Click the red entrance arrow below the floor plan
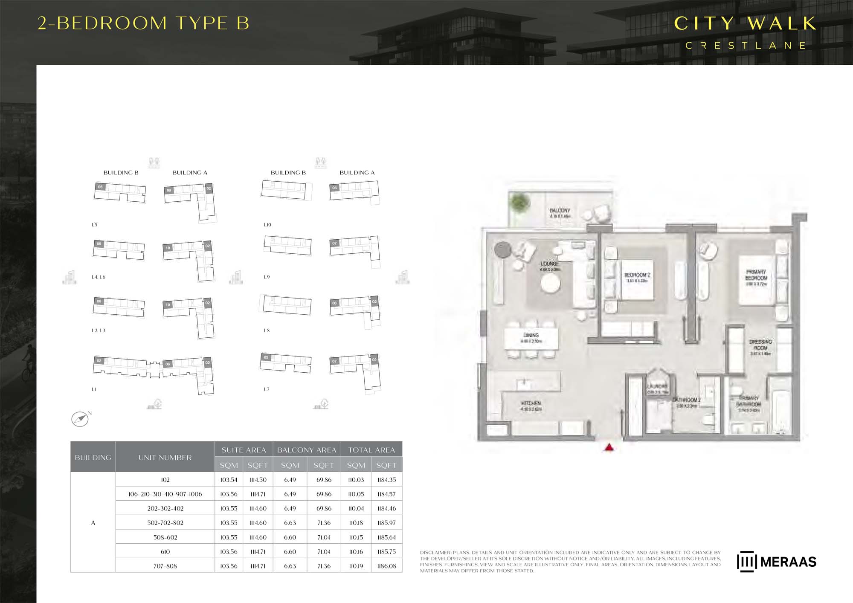point(609,447)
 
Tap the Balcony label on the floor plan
point(560,211)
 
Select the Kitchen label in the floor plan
point(531,403)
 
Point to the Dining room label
point(531,335)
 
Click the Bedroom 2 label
point(637,275)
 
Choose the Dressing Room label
point(760,345)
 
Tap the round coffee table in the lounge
point(550,283)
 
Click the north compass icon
point(80,419)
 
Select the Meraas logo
point(776,562)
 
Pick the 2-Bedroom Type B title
point(143,23)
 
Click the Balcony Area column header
point(307,450)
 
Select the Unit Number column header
point(165,457)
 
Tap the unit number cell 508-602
point(165,537)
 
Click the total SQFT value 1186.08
point(386,566)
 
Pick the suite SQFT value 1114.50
point(258,480)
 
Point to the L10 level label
point(267,225)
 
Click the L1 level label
point(94,389)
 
